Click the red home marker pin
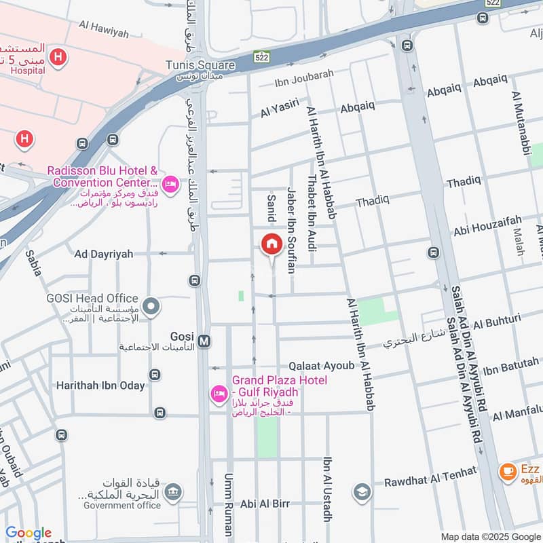pos(271,244)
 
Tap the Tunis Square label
pos(200,66)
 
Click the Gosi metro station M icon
pos(204,338)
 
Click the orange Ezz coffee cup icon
pos(507,471)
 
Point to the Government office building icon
pos(173,491)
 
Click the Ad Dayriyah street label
pos(104,254)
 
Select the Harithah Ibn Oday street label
pos(100,386)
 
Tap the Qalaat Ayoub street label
pos(321,366)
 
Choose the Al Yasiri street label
pos(280,109)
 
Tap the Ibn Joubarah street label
pos(304,83)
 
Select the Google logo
pos(29,533)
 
